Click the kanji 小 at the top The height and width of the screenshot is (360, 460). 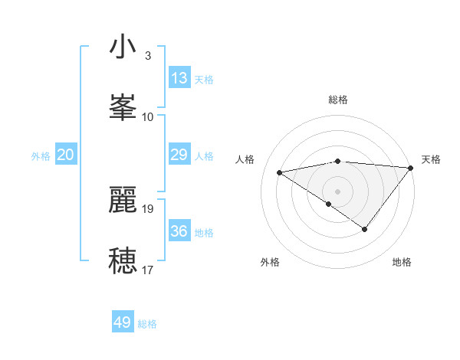tap(123, 47)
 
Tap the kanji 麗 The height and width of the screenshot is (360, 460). tap(123, 200)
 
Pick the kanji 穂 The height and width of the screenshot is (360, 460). tap(123, 260)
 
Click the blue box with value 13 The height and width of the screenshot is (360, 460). tap(179, 78)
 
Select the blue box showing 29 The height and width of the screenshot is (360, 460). tap(179, 155)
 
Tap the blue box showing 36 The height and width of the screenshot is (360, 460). tap(179, 231)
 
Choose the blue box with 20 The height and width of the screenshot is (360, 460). tap(66, 155)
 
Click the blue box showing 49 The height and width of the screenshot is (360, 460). tap(123, 322)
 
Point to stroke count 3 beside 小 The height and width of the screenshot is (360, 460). tap(148, 56)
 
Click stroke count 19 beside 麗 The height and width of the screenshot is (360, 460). tap(148, 208)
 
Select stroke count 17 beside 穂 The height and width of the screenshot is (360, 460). tap(148, 270)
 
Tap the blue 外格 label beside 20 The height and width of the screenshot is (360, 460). tap(41, 156)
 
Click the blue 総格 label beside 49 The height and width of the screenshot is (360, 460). tap(147, 324)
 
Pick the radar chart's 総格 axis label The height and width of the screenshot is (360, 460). tap(338, 100)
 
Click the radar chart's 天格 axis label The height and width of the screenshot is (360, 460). tap(431, 159)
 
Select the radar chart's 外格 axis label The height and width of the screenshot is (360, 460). tap(270, 262)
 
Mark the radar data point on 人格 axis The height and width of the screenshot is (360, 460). tap(280, 172)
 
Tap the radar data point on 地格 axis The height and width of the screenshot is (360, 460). tap(365, 229)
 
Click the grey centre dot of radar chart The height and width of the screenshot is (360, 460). tap(337, 191)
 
